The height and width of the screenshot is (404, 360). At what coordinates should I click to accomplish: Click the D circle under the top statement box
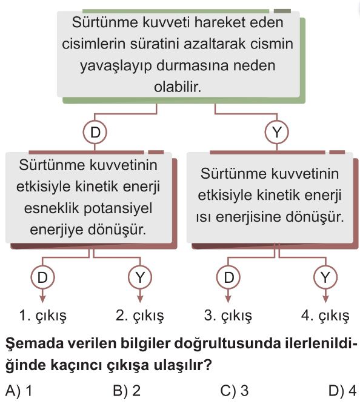click(95, 133)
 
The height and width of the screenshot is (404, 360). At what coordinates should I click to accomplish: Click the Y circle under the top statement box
click(277, 133)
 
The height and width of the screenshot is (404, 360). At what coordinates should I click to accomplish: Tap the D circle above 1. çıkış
click(42, 277)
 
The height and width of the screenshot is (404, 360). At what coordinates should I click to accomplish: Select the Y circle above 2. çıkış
click(140, 277)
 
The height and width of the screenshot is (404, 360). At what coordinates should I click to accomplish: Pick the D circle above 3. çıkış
click(228, 277)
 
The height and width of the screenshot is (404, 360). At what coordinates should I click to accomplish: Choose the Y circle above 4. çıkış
click(325, 277)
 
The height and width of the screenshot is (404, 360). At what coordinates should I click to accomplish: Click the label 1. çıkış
click(43, 316)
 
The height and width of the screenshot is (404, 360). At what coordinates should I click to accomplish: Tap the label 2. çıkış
click(140, 316)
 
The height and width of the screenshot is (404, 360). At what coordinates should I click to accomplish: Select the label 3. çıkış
click(228, 316)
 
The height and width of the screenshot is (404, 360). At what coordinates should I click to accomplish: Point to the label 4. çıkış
click(325, 316)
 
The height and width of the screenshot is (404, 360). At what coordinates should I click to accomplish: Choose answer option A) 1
click(19, 391)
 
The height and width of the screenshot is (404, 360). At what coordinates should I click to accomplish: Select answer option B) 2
click(127, 391)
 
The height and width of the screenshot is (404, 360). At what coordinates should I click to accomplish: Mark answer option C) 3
click(235, 391)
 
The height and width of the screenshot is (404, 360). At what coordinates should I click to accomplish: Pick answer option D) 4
click(342, 391)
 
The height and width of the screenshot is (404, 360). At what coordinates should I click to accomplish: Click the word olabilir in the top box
click(178, 87)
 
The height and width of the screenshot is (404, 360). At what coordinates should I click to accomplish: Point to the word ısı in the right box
click(204, 217)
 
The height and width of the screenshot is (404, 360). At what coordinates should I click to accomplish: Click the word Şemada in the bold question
click(32, 344)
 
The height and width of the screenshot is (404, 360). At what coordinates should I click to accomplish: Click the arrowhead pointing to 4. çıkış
click(325, 299)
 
